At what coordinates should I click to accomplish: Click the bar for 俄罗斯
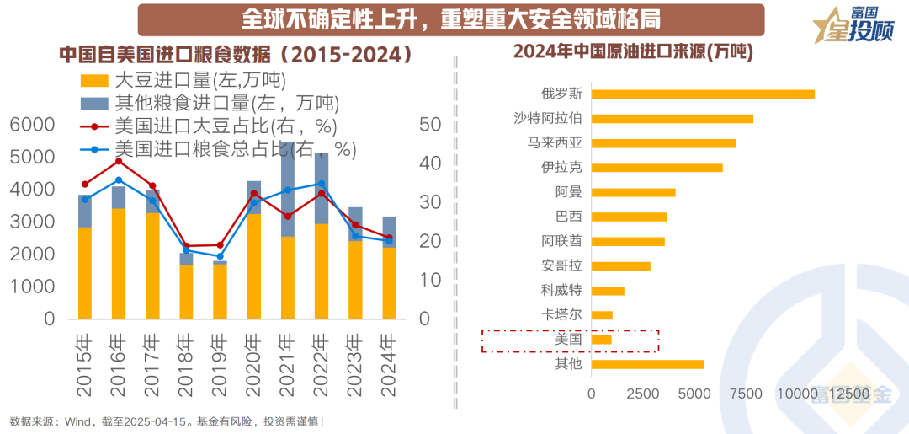(x=703, y=94)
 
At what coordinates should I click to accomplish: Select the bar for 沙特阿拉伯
(x=672, y=119)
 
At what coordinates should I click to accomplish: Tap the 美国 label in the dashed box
(x=569, y=340)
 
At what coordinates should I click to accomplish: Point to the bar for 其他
(x=647, y=364)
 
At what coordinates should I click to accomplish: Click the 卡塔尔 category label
(x=561, y=315)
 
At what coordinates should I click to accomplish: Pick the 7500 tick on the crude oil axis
(x=745, y=394)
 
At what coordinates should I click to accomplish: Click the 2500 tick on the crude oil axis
(x=643, y=394)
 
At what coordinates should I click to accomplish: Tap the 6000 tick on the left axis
(x=32, y=125)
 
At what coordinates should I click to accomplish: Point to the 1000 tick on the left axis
(x=32, y=287)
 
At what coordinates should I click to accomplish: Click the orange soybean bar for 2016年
(x=118, y=263)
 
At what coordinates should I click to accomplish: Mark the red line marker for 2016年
(x=118, y=161)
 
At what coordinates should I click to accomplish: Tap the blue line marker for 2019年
(x=220, y=256)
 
